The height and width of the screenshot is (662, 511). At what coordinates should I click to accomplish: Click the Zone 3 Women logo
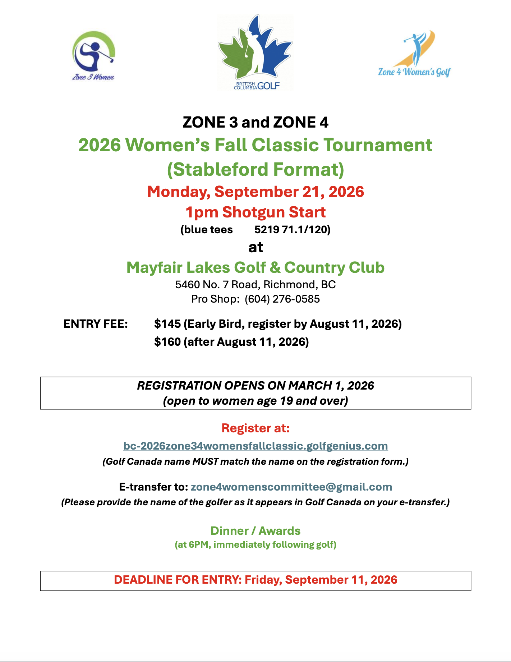93,56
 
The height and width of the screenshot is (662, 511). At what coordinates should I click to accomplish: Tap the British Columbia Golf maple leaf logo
255,52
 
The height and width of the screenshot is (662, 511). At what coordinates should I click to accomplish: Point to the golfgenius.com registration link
255,446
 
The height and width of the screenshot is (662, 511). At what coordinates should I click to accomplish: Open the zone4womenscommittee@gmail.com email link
291,487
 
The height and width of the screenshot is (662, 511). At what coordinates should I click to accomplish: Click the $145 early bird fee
167,324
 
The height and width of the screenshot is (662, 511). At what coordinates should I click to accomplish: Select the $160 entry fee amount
167,342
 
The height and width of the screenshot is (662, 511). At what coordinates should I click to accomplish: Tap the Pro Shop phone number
282,299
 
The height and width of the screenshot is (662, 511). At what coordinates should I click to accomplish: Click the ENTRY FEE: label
96,324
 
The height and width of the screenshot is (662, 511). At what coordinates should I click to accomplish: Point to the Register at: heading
255,428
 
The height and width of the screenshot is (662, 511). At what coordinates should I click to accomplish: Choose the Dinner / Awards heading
255,531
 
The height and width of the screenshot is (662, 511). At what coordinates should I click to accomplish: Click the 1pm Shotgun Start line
255,212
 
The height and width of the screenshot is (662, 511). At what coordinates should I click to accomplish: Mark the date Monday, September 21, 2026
255,192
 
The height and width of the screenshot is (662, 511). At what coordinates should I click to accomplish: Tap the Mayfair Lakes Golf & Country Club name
255,268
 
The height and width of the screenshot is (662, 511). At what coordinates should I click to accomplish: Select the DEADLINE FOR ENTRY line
255,580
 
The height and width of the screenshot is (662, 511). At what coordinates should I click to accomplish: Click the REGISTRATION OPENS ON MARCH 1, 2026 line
255,386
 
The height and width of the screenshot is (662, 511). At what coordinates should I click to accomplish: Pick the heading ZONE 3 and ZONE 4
255,123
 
